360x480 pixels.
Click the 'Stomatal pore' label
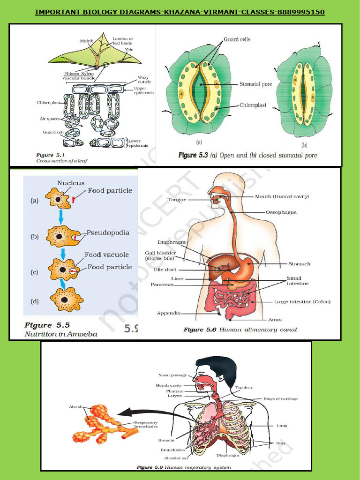point(256,84)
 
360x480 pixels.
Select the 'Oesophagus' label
point(281,212)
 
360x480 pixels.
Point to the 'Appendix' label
point(168,313)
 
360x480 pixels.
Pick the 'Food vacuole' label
point(106,255)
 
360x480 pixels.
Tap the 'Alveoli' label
point(76,407)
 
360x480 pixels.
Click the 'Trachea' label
point(244,387)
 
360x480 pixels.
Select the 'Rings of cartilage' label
point(281,398)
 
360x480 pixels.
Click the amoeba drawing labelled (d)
point(66,299)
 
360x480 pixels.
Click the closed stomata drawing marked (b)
point(304,94)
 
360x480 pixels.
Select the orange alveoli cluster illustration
point(101,425)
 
